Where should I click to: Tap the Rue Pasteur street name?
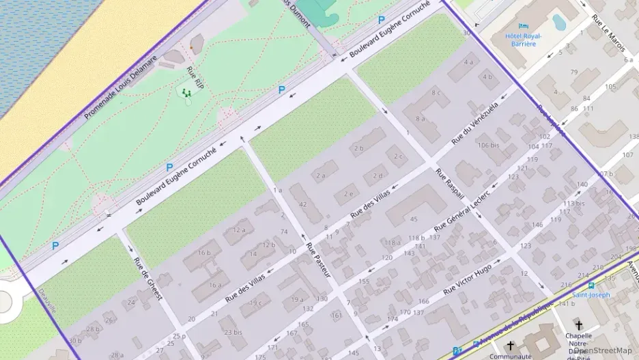[x=318, y=260]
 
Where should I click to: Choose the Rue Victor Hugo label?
[x=468, y=280]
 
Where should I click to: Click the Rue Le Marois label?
[x=608, y=27]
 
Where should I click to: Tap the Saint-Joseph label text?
[x=590, y=295]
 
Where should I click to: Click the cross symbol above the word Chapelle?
[x=579, y=325]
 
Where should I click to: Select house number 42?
[x=302, y=204]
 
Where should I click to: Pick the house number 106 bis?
[x=488, y=145]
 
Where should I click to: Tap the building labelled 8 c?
[x=436, y=93]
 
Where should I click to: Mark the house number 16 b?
[x=204, y=252]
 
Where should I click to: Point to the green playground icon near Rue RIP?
[x=186, y=93]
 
